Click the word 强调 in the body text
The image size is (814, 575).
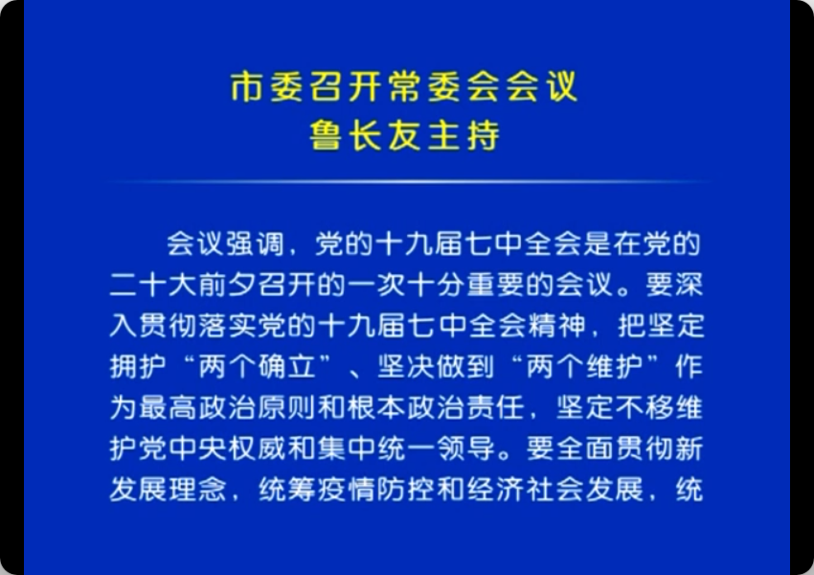coord(255,244)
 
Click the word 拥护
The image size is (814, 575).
coord(138,367)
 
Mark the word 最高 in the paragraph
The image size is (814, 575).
coord(168,407)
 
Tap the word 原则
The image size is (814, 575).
coord(286,407)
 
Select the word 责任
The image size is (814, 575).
coord(495,407)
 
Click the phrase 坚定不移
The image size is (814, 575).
coord(615,407)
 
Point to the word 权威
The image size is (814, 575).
coord(257,448)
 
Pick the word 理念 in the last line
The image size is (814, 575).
coord(197,490)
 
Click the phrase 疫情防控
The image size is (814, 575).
coord(375,490)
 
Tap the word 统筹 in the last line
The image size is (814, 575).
coord(287,490)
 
